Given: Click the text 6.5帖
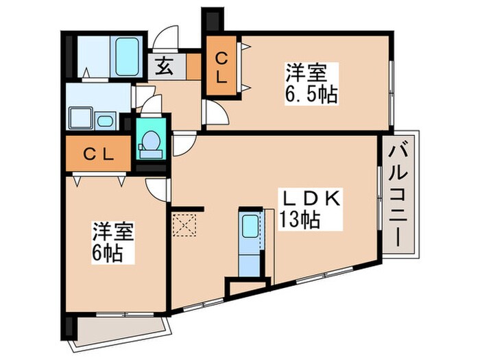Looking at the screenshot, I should pyautogui.click(x=312, y=94).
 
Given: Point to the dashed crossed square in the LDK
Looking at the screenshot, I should pyautogui.click(x=183, y=224).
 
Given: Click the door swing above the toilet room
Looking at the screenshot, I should pyautogui.click(x=152, y=104).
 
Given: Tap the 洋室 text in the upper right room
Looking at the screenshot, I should pyautogui.click(x=302, y=71).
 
